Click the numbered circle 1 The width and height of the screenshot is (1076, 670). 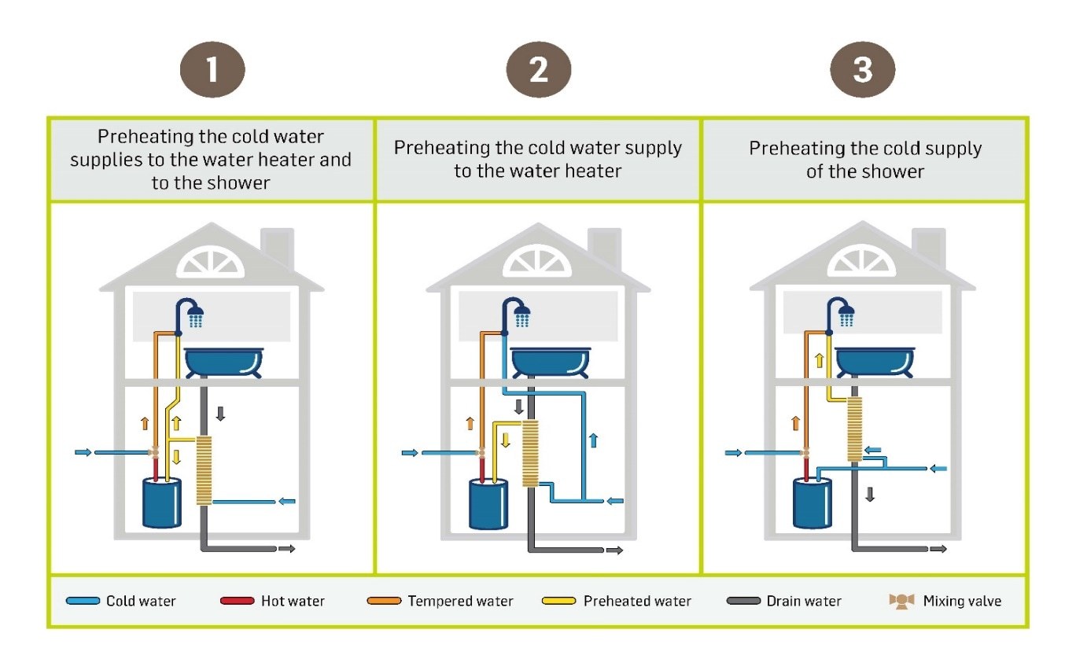tap(212, 70)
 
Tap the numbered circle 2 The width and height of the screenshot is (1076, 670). tap(538, 70)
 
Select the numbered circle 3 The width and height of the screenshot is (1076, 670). tap(863, 70)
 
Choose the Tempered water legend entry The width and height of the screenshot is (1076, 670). tap(440, 601)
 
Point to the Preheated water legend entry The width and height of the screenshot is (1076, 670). tap(617, 601)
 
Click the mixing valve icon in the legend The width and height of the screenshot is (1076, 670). tap(901, 601)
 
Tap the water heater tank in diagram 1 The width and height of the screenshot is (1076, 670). tap(162, 502)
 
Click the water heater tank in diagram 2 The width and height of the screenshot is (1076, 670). tap(488, 504)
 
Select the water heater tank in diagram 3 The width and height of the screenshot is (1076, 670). tap(812, 502)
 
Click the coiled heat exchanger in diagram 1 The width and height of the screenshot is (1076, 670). tap(204, 469)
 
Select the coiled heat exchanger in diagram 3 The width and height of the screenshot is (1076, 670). tap(854, 429)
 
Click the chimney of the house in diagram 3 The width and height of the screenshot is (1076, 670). tap(927, 246)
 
